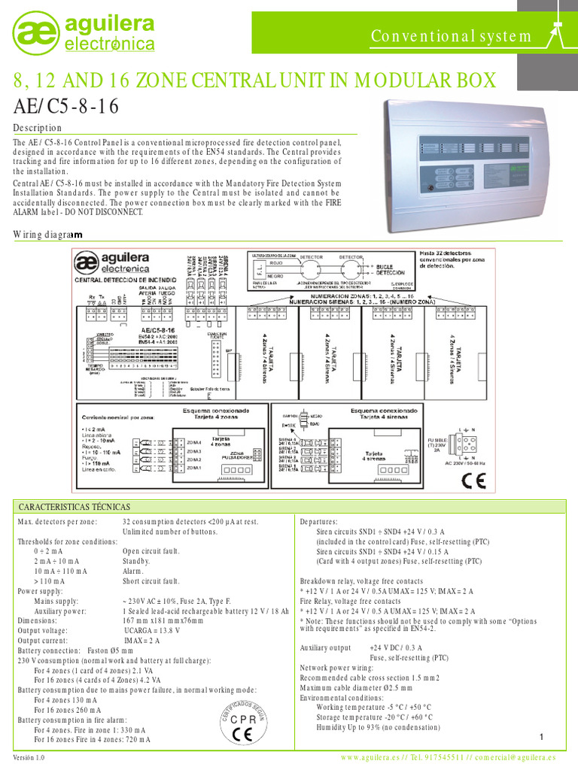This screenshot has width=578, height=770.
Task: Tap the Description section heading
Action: click(x=38, y=128)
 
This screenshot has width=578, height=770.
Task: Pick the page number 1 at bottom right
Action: click(x=541, y=736)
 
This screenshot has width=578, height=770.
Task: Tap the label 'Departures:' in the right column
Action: click(x=319, y=521)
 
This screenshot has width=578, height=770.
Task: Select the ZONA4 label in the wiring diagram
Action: click(x=195, y=441)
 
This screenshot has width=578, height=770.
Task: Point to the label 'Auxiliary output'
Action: click(x=326, y=647)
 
